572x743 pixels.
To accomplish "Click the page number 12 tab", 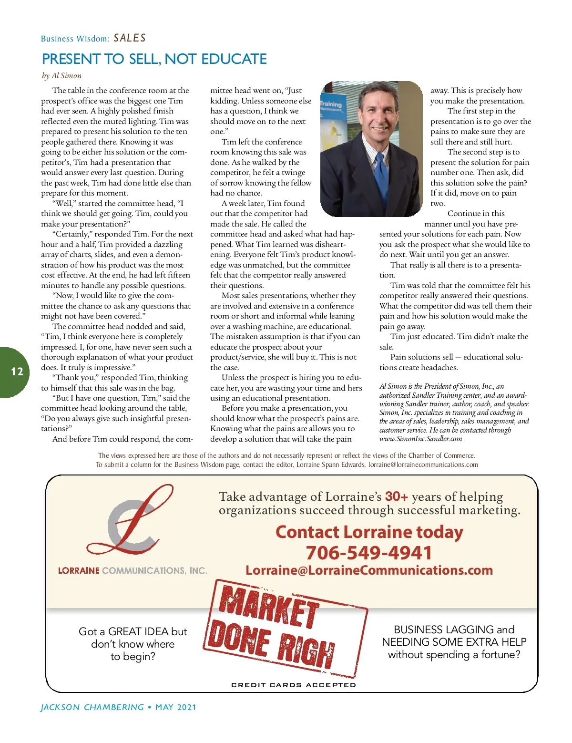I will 17,371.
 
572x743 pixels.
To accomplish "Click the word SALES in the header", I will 130,38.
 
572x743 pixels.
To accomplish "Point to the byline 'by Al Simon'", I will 61,75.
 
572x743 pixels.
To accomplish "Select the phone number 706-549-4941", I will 369,553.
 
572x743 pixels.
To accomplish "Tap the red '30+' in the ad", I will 396,496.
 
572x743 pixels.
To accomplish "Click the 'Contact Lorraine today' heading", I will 369,532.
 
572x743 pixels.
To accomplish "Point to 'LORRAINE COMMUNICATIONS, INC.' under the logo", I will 133,570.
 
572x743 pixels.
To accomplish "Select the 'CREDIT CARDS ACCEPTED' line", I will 294,685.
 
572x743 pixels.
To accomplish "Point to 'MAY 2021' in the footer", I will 176,707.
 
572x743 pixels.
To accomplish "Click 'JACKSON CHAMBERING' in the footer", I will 92,707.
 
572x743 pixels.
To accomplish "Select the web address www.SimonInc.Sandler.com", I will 420,439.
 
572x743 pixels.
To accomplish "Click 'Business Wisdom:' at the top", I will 75,39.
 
